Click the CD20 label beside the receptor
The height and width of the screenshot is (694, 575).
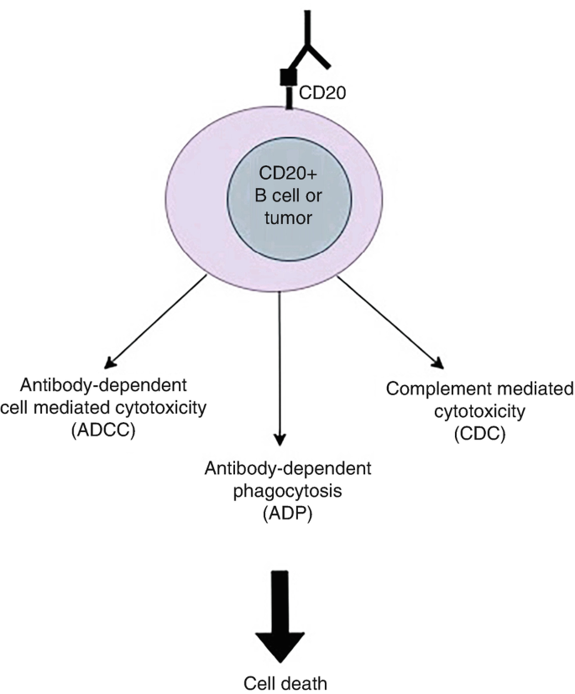point(321,85)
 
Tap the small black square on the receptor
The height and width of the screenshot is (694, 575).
point(286,77)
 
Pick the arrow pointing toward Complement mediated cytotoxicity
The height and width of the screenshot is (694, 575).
point(388,322)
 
